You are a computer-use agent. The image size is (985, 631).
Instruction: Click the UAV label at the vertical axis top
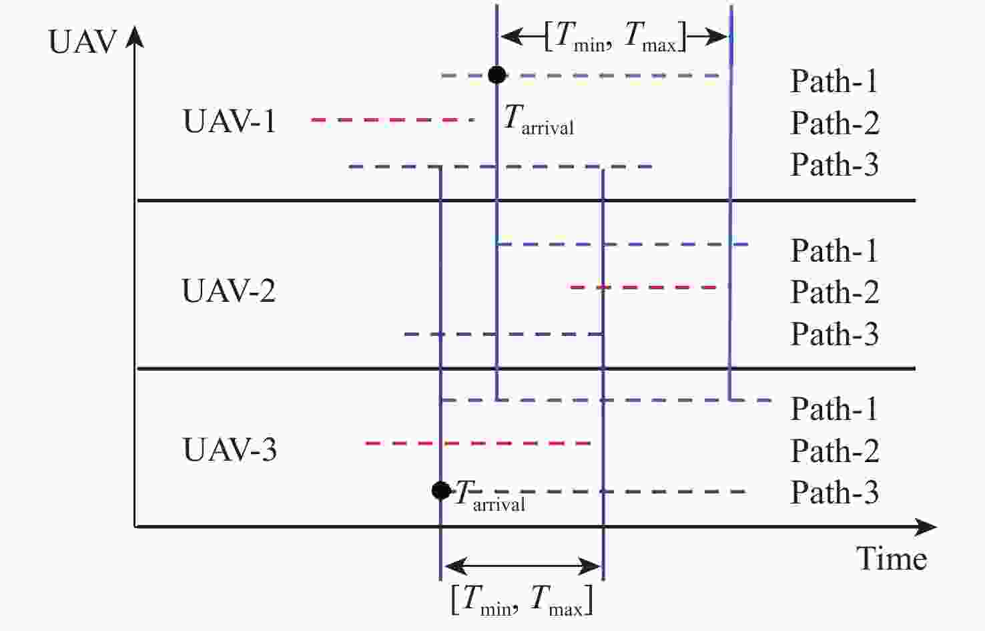click(83, 42)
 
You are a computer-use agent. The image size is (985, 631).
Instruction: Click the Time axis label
click(892, 558)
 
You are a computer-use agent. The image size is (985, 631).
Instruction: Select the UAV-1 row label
click(229, 122)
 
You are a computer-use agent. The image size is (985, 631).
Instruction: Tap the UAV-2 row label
click(228, 291)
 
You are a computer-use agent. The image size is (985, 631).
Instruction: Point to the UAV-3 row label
click(230, 449)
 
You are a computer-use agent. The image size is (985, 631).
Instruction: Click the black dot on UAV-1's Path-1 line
click(497, 75)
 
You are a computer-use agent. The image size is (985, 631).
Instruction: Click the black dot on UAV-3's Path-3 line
click(440, 491)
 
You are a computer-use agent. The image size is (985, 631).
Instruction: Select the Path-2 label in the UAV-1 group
click(834, 123)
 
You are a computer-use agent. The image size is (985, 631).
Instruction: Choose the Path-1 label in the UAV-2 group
click(834, 251)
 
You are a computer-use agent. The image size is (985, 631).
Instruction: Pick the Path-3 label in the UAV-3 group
click(834, 493)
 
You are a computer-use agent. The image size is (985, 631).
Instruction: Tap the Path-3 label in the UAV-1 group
click(834, 164)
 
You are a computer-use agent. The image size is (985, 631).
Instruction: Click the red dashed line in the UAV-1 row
click(392, 120)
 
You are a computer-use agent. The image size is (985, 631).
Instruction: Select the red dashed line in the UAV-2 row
click(647, 287)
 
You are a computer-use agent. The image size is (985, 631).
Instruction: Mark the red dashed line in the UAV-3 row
click(478, 443)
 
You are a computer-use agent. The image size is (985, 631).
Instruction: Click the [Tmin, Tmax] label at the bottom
click(521, 599)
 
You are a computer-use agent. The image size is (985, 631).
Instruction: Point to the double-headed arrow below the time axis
click(522, 566)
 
